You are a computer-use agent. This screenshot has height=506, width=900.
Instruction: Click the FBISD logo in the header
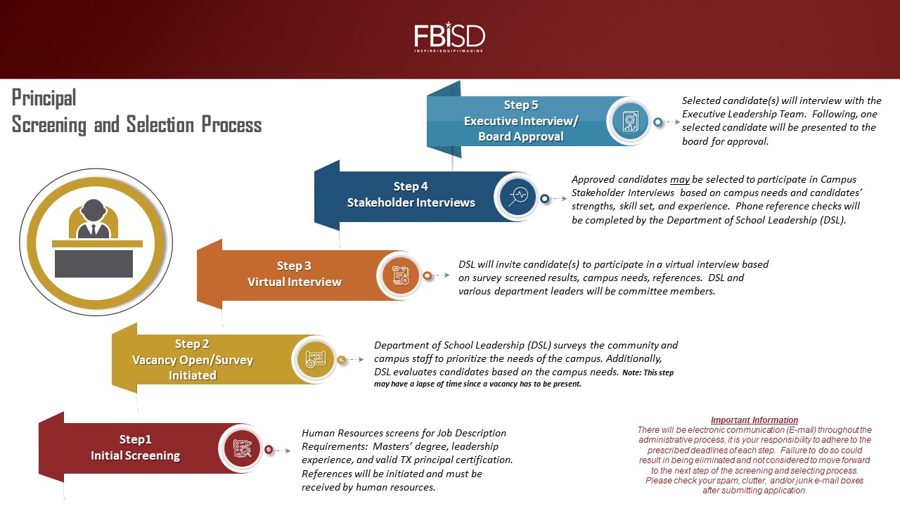[x=449, y=37]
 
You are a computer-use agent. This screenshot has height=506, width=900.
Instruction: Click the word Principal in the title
[x=44, y=98]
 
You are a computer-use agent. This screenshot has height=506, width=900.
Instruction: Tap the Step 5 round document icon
[x=630, y=122]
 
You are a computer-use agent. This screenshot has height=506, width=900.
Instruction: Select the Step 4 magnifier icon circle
[x=518, y=197]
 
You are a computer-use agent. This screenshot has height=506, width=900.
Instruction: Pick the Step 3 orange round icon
[x=400, y=275]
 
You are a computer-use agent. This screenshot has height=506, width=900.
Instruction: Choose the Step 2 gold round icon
[x=316, y=359]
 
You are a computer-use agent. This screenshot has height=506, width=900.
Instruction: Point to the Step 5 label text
[x=521, y=105]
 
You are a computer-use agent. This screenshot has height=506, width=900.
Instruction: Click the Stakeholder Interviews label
[x=411, y=202]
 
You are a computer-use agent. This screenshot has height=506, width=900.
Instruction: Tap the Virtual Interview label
[x=294, y=282]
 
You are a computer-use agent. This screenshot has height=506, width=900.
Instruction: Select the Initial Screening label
[x=135, y=455]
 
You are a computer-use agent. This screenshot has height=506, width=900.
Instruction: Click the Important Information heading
[x=754, y=420]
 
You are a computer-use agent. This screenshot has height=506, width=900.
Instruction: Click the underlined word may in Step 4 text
[x=679, y=179]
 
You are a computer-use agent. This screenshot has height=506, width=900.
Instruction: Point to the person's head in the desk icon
[x=94, y=209]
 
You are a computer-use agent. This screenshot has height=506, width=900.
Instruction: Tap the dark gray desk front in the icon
[x=94, y=264]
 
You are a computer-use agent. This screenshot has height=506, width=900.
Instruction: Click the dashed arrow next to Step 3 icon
[x=441, y=275]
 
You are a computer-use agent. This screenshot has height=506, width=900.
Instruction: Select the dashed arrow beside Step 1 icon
[x=283, y=450]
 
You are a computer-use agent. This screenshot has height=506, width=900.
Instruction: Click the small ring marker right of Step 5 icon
[x=657, y=122]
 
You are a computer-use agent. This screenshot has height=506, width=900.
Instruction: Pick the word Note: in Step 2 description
[x=631, y=372]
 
